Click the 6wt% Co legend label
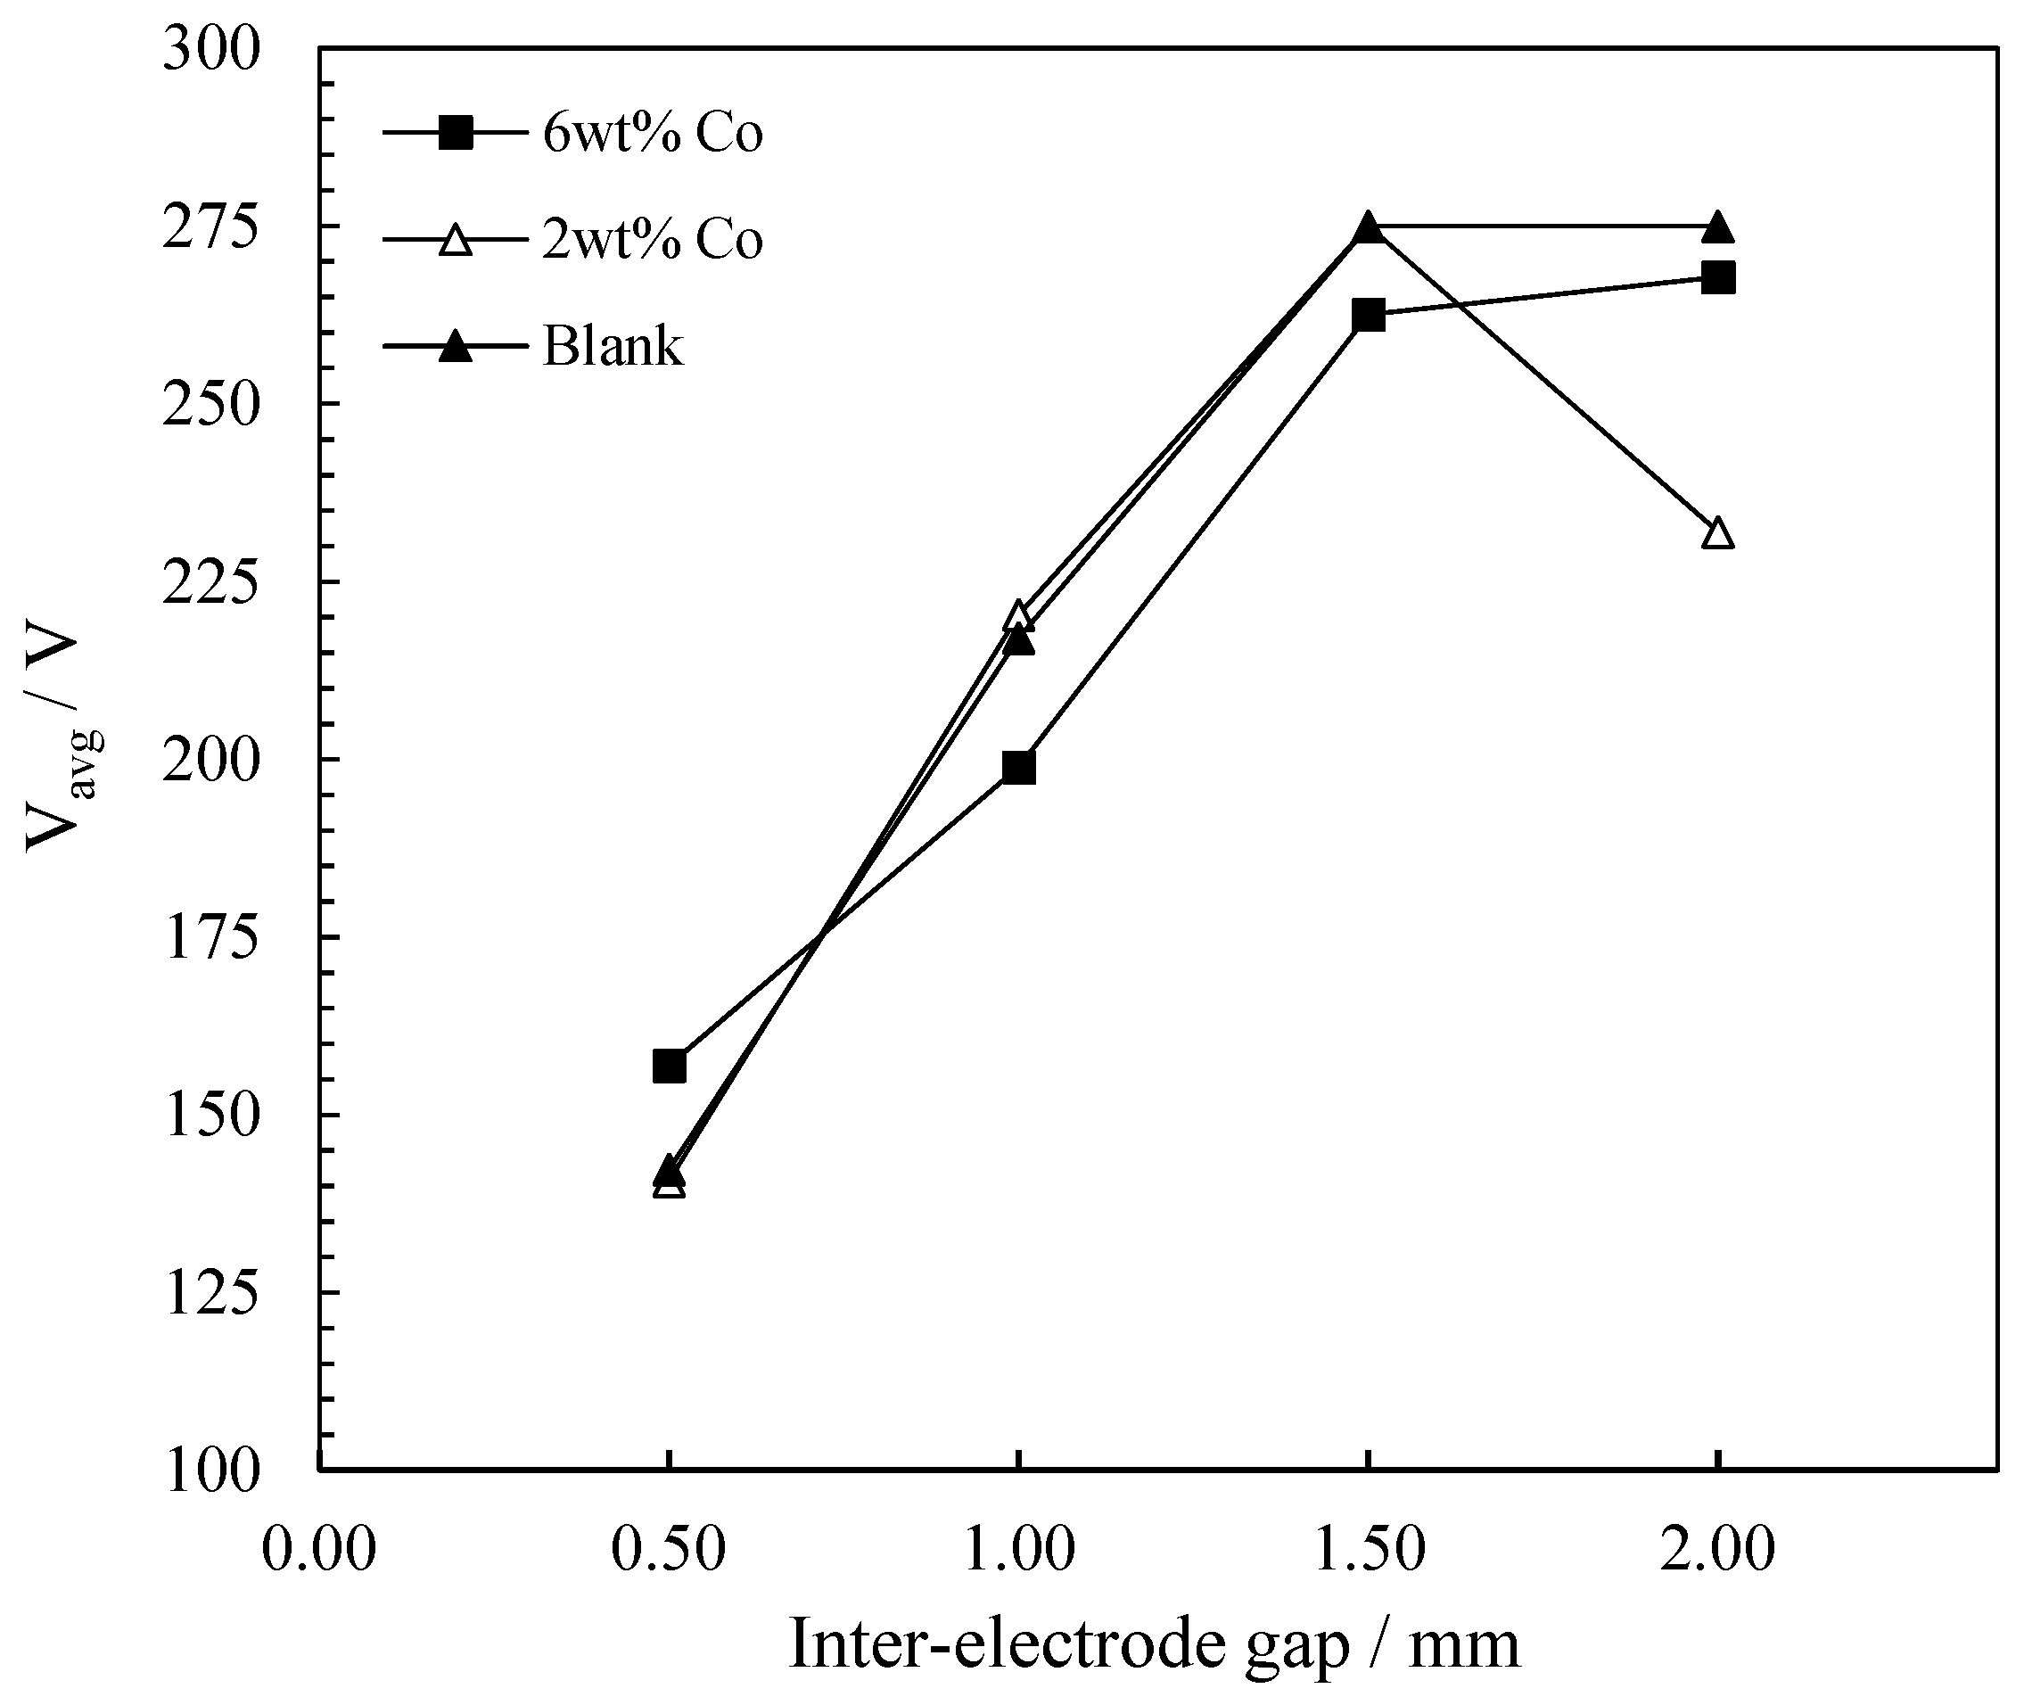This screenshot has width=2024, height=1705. coord(653,134)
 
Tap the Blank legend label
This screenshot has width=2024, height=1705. coord(613,345)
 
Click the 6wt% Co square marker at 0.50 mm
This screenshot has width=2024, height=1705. coord(669,1067)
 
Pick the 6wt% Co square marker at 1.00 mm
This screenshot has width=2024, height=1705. coord(1019,768)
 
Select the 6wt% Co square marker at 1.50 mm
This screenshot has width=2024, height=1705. coord(1369,314)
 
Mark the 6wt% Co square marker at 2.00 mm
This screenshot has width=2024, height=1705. coord(1717,278)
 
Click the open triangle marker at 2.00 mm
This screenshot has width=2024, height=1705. coord(1717,533)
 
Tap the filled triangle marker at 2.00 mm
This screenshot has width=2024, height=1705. coord(1717,228)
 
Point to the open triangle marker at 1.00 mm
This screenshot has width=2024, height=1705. coord(1018,614)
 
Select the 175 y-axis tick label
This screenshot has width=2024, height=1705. coord(210,937)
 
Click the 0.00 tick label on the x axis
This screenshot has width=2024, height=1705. coord(319,1548)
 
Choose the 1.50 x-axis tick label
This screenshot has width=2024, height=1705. coord(1368,1548)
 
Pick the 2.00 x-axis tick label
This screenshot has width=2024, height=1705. coord(1717,1548)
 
